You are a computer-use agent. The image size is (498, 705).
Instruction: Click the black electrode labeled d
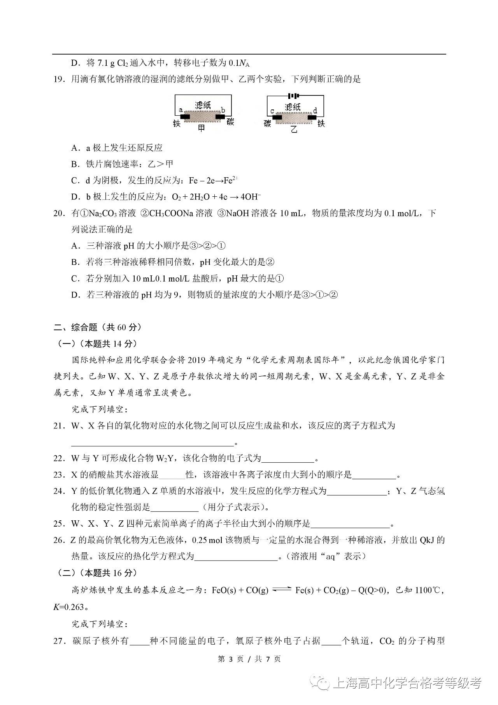(x=312, y=117)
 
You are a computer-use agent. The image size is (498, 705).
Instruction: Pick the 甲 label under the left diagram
(x=202, y=128)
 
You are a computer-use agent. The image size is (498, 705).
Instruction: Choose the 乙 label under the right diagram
(x=294, y=129)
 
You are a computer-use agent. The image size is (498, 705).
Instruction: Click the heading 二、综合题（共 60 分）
(x=97, y=327)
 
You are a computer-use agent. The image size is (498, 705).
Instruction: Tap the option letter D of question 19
(x=75, y=197)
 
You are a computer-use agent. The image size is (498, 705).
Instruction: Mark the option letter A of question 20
(x=75, y=246)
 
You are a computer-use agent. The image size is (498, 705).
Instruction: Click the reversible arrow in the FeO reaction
(x=282, y=590)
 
